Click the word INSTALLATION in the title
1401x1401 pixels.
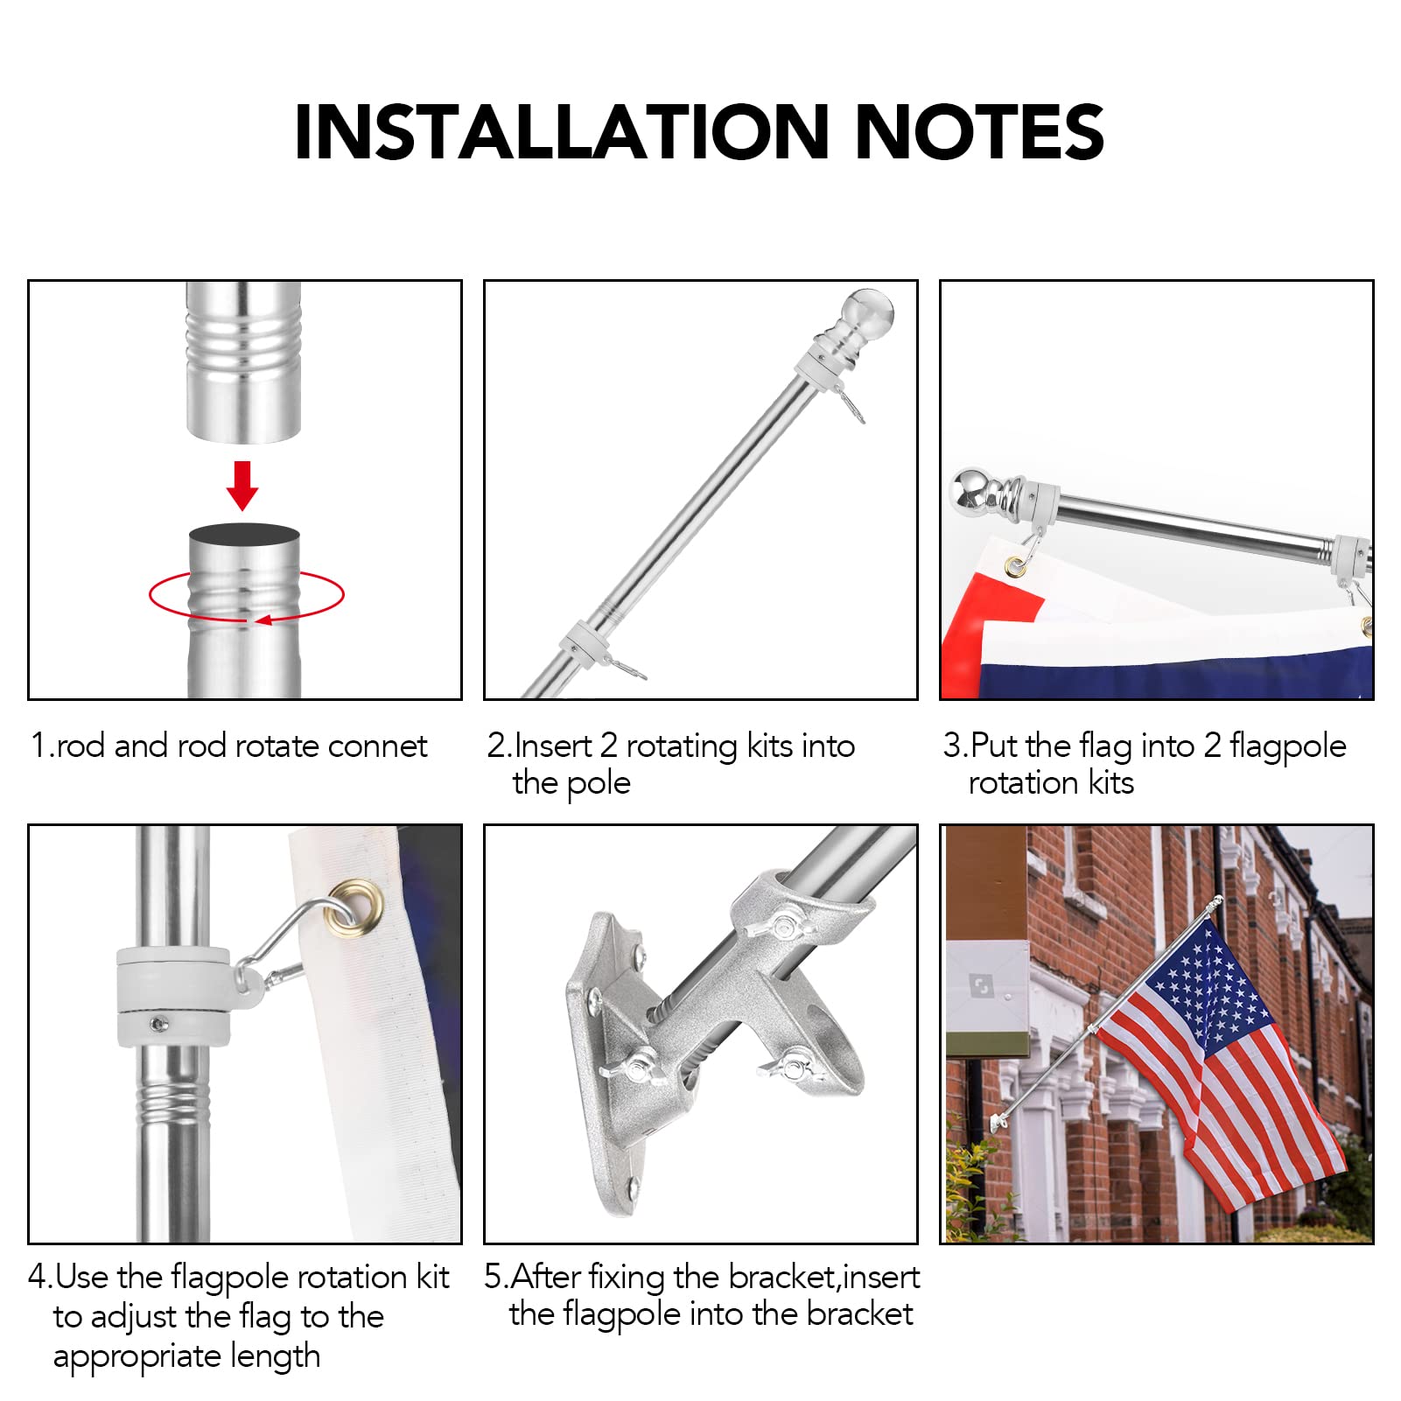[560, 133]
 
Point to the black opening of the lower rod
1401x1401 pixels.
[244, 535]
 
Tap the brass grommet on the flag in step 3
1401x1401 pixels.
[1015, 566]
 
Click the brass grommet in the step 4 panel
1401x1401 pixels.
[354, 903]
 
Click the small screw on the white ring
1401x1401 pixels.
[158, 1022]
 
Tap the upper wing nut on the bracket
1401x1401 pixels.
[778, 925]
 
